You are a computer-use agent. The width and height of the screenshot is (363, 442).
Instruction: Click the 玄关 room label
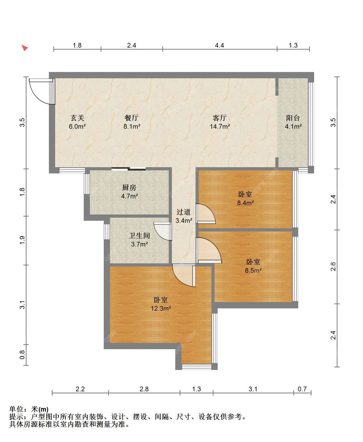[77, 118]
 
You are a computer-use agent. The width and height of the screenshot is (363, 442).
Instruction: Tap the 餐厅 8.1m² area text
[132, 127]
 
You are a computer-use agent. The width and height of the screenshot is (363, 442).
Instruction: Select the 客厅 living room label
[220, 118]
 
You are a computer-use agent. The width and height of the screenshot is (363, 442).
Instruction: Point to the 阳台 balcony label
[293, 118]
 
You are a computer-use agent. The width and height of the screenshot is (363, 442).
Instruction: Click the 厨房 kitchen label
[129, 187]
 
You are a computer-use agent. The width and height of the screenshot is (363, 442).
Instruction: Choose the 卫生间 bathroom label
[140, 236]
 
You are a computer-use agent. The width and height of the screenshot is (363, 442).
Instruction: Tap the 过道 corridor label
[184, 212]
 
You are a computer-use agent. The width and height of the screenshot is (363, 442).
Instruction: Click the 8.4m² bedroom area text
[245, 203]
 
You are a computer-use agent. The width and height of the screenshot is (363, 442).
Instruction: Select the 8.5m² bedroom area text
[253, 270]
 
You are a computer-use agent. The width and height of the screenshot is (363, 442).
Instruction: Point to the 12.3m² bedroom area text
[161, 309]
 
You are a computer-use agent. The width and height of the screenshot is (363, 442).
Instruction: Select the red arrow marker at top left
[25, 48]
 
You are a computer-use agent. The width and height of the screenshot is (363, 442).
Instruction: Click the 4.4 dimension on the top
[219, 45]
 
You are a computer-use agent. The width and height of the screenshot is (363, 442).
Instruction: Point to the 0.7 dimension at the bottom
[302, 389]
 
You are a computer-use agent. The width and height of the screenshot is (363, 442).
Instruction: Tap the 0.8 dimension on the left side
[22, 355]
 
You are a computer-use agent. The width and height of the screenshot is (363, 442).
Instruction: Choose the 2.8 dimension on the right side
[333, 267]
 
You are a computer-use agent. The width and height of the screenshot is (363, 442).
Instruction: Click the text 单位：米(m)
[29, 409]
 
